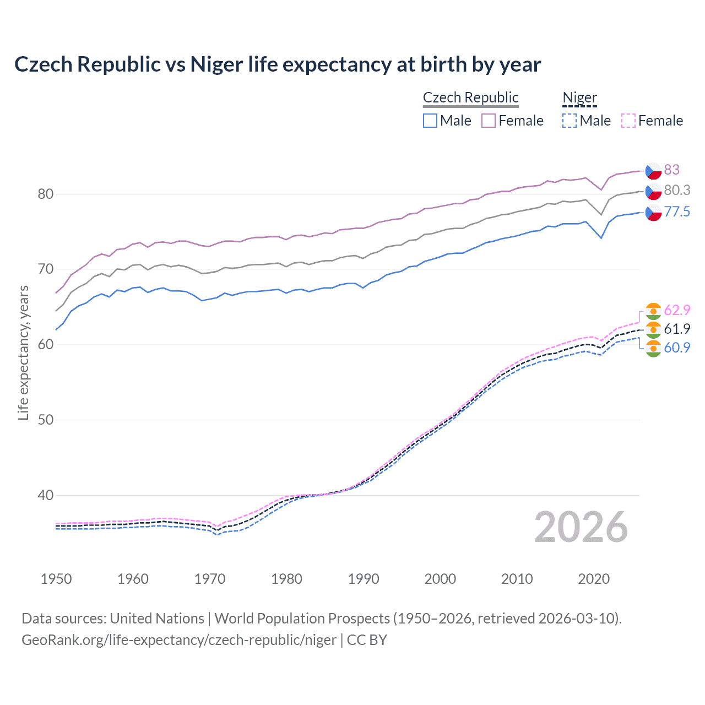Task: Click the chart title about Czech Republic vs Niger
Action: click(278, 64)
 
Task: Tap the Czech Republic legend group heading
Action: click(470, 97)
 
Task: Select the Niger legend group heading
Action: click(579, 97)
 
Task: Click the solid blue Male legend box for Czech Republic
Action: click(430, 121)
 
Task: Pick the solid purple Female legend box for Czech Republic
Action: click(489, 121)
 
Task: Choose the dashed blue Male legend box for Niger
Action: click(570, 121)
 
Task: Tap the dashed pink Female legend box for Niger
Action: click(628, 121)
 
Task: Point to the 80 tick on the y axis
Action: click(46, 194)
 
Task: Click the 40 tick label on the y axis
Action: click(46, 495)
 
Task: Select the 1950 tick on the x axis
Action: click(56, 579)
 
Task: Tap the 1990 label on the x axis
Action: click(364, 579)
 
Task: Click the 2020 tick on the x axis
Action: click(594, 579)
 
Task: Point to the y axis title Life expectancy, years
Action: click(23, 352)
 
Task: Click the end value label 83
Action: click(671, 170)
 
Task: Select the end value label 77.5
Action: click(677, 212)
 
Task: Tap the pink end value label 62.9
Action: click(677, 310)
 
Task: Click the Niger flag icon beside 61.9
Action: click(653, 329)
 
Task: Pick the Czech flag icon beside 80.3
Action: click(653, 191)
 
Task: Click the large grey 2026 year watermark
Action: click(581, 527)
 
